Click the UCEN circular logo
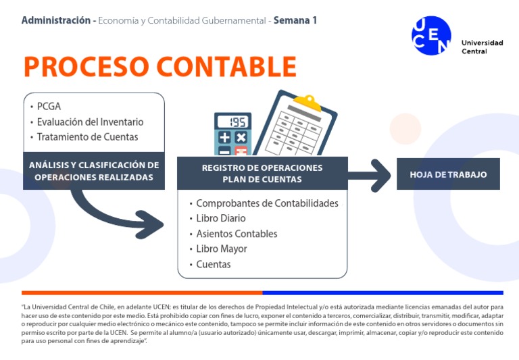[x=431, y=35]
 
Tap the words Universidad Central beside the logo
[x=482, y=47]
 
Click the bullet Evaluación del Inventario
[x=90, y=122]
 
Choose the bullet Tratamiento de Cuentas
[x=87, y=137]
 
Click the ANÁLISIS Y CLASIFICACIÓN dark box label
[x=94, y=171]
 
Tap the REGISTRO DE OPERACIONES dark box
[x=262, y=173]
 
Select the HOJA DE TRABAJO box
[x=448, y=174]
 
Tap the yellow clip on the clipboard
[x=310, y=103]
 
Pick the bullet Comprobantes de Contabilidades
[x=267, y=203]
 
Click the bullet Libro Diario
[x=221, y=219]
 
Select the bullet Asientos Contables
[x=237, y=234]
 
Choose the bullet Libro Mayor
[x=222, y=249]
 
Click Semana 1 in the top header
[x=296, y=20]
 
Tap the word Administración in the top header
[x=57, y=20]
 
